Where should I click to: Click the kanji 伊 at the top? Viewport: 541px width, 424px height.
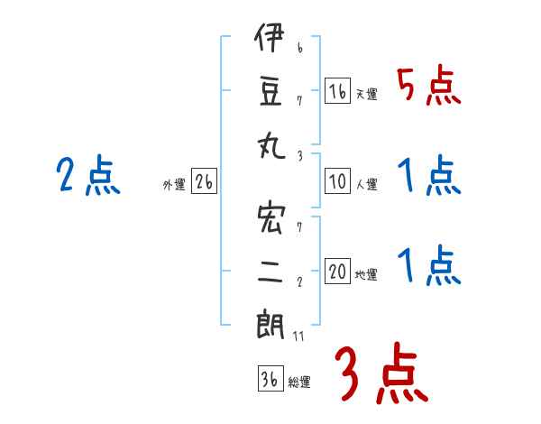(x=270, y=41)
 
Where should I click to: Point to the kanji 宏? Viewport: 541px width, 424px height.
(x=270, y=220)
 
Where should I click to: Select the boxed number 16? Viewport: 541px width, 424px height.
(x=338, y=91)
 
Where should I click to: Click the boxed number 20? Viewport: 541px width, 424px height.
(x=338, y=272)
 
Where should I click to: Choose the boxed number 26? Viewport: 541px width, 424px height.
(x=204, y=181)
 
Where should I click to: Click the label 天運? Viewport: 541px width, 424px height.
(x=366, y=94)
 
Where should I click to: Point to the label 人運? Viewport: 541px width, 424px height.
(x=366, y=184)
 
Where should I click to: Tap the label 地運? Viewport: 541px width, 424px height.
(x=366, y=274)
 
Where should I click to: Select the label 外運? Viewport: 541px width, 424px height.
(x=174, y=184)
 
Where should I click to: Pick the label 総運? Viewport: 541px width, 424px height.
(x=298, y=382)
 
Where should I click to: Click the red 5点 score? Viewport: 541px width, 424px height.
(x=429, y=88)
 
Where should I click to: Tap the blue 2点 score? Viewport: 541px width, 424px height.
(x=87, y=175)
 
